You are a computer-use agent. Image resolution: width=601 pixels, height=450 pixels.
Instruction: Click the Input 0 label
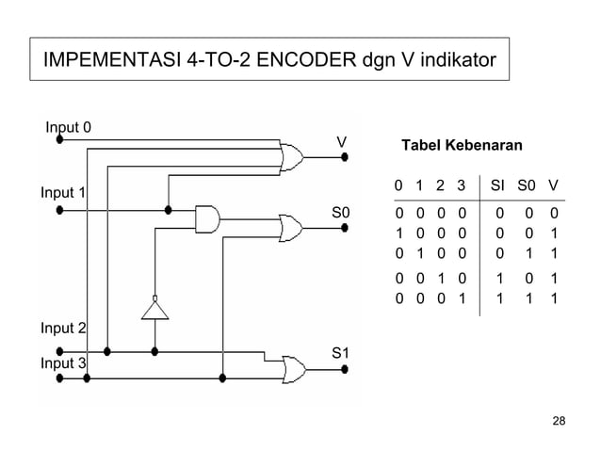click(68, 127)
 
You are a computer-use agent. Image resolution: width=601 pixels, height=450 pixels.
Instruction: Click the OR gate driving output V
click(291, 156)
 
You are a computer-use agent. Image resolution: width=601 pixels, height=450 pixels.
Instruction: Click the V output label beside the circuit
click(343, 142)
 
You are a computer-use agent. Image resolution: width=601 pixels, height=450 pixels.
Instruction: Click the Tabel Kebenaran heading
click(462, 147)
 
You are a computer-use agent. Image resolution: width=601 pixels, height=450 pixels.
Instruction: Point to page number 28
click(559, 419)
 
